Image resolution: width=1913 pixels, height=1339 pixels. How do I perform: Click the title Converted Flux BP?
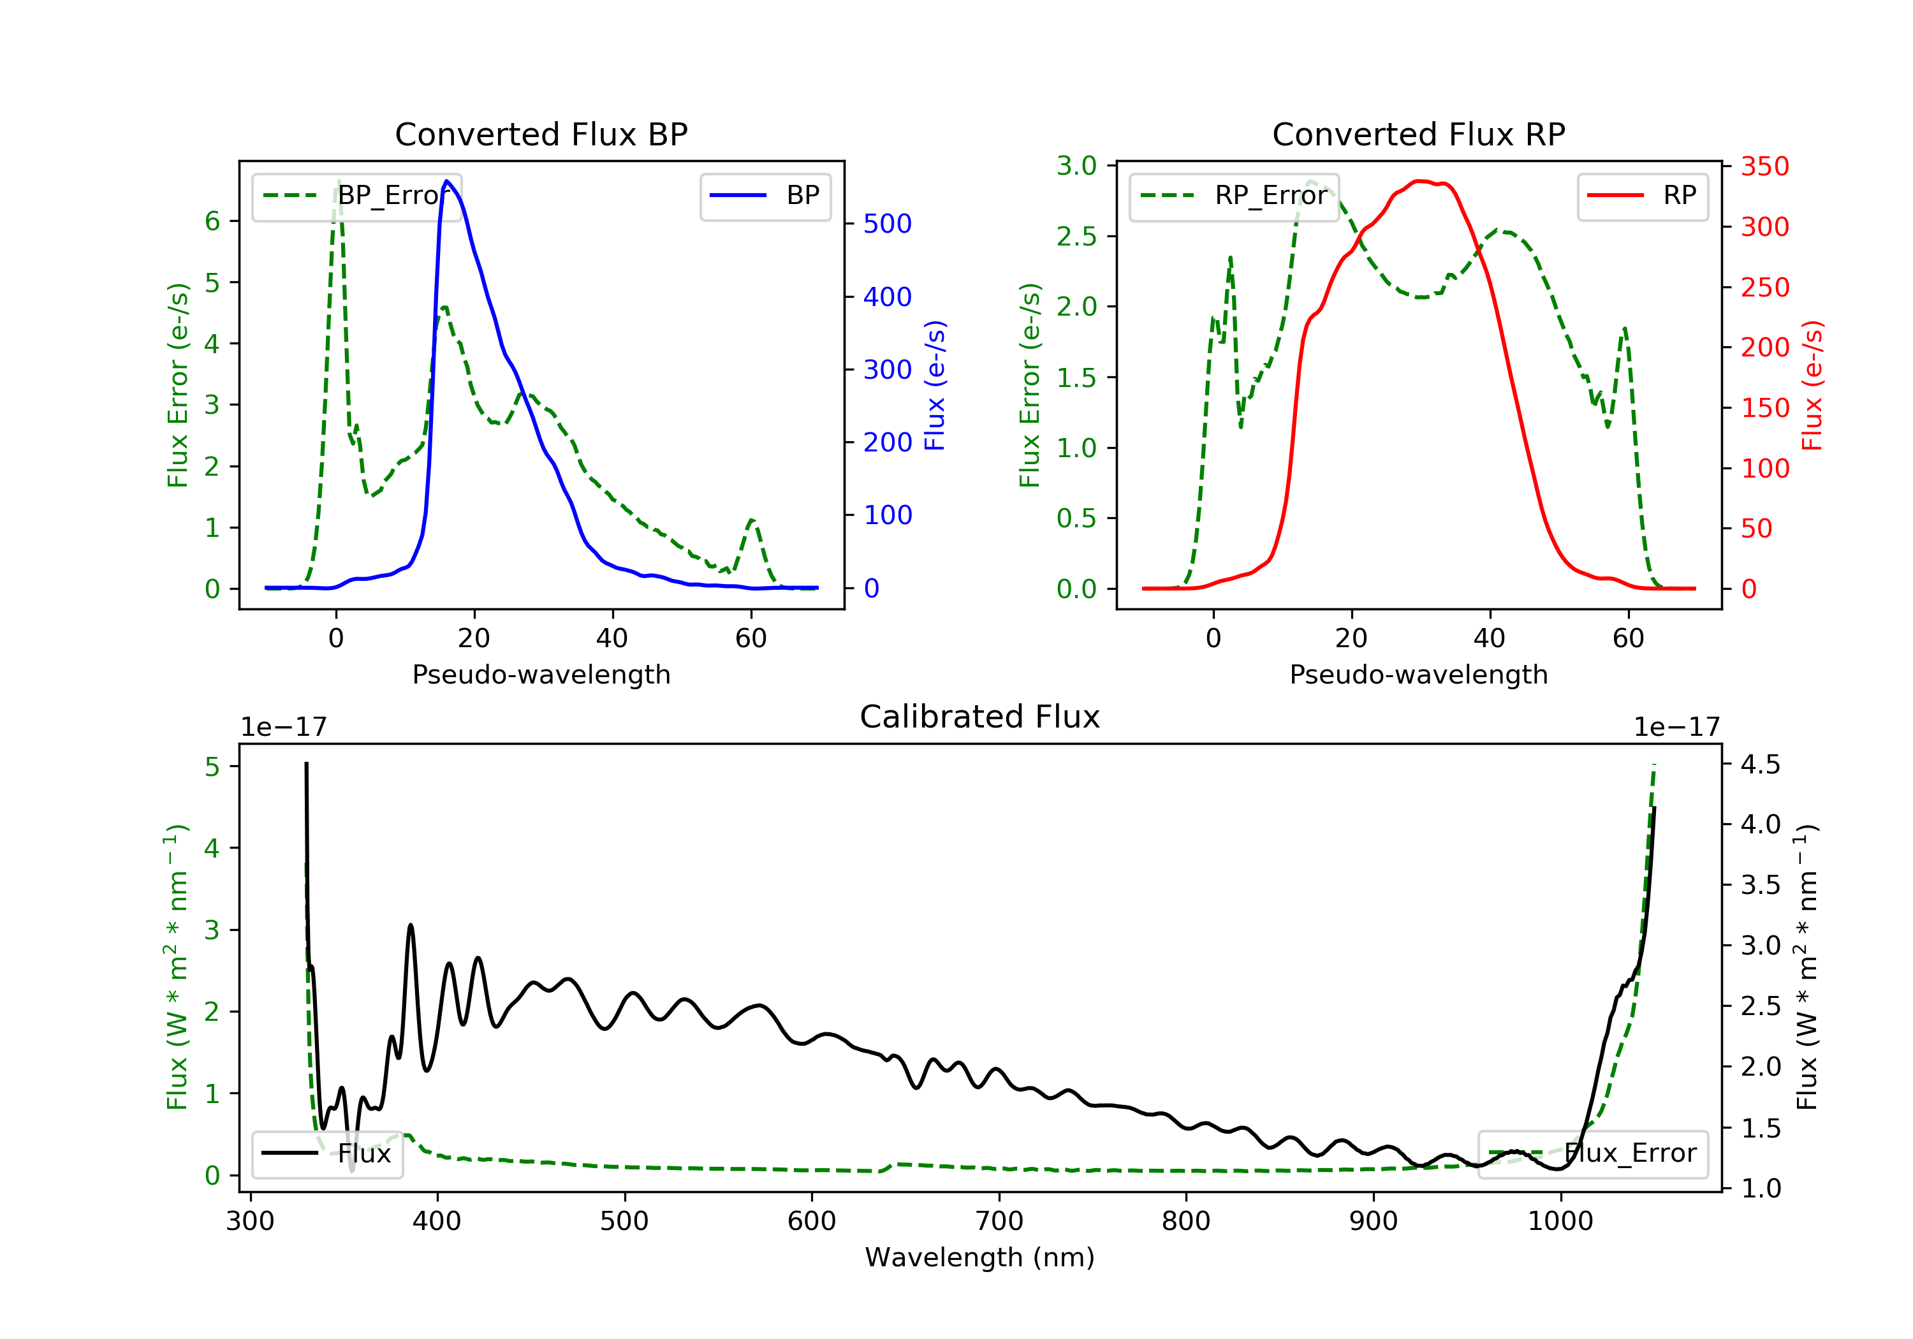541,134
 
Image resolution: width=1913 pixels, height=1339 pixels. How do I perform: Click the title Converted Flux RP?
1418,134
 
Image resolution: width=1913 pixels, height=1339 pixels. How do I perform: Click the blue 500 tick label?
888,223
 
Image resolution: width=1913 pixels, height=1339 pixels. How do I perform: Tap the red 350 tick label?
1764,166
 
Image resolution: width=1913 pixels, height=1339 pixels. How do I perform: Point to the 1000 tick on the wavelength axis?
1560,1222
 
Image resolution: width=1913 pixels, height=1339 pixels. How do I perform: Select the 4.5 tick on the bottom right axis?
1760,764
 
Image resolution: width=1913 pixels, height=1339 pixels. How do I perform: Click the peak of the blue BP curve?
448,181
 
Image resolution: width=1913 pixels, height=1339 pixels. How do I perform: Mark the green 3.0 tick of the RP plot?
1076,166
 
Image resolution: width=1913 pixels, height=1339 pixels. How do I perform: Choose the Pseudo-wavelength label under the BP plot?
541,674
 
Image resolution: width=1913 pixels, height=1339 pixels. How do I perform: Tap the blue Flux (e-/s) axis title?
935,385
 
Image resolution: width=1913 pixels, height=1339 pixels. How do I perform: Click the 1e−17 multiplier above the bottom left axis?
283,728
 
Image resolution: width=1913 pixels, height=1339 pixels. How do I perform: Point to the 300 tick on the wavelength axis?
250,1222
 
